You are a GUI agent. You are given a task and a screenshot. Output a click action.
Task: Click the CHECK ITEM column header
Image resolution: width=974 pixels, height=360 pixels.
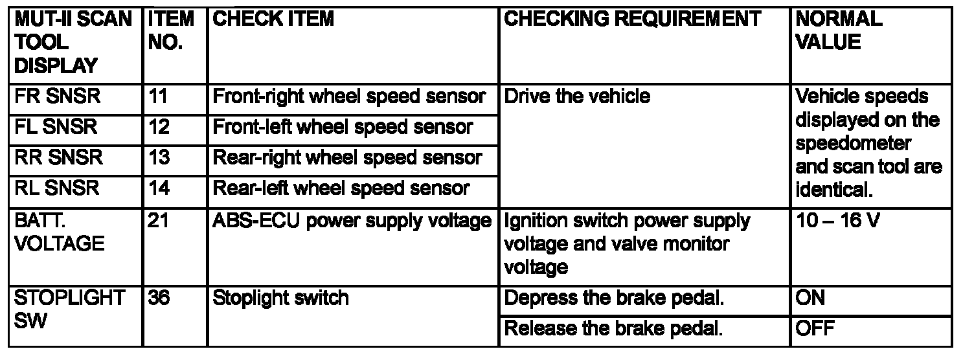[273, 19]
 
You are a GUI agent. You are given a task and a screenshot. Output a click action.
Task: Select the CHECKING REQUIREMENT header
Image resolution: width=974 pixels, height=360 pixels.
[632, 19]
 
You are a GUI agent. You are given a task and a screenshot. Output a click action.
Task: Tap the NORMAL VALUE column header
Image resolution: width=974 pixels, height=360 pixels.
[839, 30]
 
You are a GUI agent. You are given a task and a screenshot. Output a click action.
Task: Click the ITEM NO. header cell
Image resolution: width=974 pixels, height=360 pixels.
[171, 30]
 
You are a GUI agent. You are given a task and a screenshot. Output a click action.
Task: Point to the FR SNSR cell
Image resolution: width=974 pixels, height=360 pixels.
[58, 96]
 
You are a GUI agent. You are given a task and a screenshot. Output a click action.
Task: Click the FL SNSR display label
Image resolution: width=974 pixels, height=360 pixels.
[56, 127]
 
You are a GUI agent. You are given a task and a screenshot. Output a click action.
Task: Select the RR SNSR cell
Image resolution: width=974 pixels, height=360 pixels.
[58, 157]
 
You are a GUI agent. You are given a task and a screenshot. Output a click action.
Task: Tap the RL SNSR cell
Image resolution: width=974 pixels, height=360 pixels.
[56, 188]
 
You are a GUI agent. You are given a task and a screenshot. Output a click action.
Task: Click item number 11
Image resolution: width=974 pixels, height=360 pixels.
[158, 96]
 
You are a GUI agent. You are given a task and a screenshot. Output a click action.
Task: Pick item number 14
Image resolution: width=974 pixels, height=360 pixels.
[159, 188]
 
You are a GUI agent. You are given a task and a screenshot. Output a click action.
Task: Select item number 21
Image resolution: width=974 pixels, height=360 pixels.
[158, 220]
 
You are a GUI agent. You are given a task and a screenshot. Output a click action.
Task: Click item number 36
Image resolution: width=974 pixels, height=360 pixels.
[159, 298]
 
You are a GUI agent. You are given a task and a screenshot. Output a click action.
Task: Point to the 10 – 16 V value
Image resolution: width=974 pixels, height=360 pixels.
[837, 220]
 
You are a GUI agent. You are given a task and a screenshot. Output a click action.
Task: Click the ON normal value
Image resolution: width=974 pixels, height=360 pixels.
[810, 298]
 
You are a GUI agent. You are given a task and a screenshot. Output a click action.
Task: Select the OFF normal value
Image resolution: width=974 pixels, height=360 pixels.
[815, 328]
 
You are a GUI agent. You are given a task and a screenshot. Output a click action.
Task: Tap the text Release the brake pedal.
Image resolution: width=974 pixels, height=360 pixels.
[613, 329]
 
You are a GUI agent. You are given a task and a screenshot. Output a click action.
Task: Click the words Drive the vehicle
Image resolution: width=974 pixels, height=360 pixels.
[577, 96]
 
